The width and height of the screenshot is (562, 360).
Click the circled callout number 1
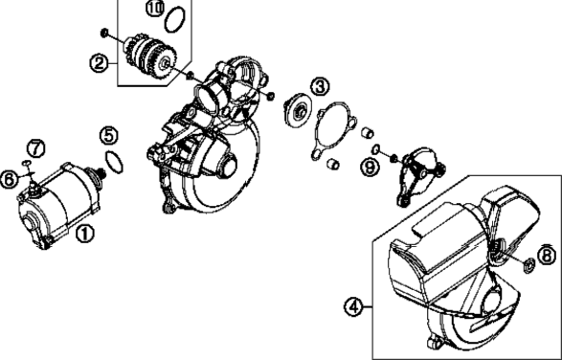pyautogui.click(x=84, y=234)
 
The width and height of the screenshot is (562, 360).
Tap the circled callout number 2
pyautogui.click(x=99, y=63)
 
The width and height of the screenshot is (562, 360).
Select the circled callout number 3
pyautogui.click(x=320, y=86)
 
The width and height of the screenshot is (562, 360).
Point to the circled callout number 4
pyautogui.click(x=353, y=307)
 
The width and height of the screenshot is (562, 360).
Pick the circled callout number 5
pyautogui.click(x=109, y=136)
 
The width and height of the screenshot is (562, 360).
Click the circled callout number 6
pyautogui.click(x=9, y=179)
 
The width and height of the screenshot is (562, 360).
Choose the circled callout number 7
pyautogui.click(x=35, y=148)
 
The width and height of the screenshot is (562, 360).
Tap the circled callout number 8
pyautogui.click(x=547, y=256)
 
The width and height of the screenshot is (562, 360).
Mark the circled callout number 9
pyautogui.click(x=370, y=168)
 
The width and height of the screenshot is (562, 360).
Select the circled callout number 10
pyautogui.click(x=155, y=9)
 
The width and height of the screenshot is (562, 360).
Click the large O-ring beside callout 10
pyautogui.click(x=175, y=20)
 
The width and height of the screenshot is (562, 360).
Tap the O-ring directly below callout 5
pyautogui.click(x=114, y=162)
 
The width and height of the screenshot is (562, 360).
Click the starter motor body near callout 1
pyautogui.click(x=59, y=205)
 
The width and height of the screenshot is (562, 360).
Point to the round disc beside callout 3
pyautogui.click(x=298, y=110)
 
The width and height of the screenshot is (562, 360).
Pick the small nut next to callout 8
pyautogui.click(x=529, y=265)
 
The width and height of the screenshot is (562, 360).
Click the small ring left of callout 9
pyautogui.click(x=376, y=148)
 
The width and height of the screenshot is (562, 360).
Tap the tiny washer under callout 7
pyautogui.click(x=27, y=164)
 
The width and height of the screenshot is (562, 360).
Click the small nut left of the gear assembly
pyautogui.click(x=104, y=33)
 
